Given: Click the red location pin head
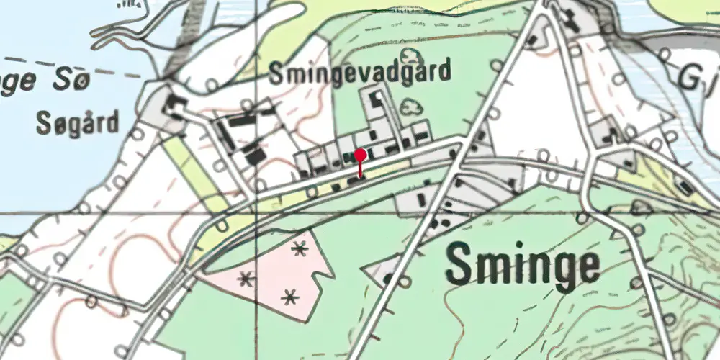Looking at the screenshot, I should point(361,154).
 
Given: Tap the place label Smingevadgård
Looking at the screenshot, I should point(361,72).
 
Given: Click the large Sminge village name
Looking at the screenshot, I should point(523,266).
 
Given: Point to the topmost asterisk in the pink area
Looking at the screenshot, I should point(299,249).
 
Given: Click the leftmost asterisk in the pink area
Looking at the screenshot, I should point(247,278).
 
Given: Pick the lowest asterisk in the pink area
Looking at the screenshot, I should point(289,295).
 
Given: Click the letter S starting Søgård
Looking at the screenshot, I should point(42,125).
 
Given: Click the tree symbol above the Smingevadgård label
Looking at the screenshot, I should point(410,56).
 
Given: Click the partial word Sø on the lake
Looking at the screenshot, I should point(72,81).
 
